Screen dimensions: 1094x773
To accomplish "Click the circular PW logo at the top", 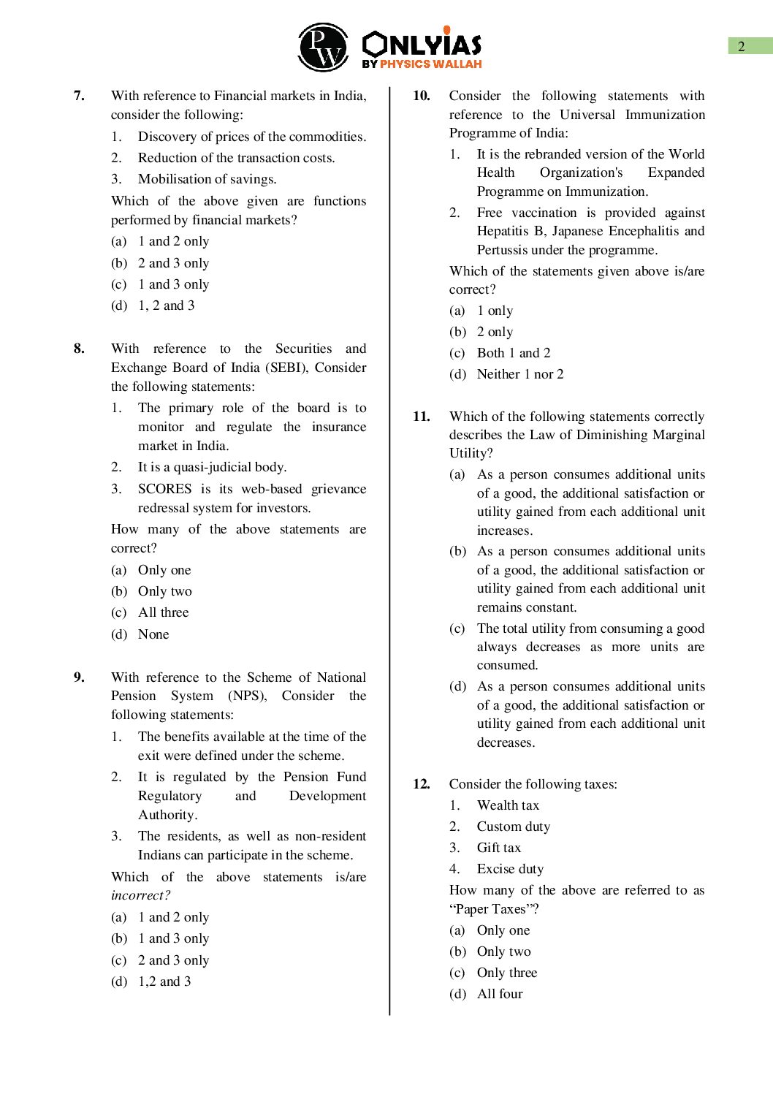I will point(324,48).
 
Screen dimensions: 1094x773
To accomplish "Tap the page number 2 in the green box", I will point(741,46).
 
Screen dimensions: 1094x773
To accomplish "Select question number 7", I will point(79,96).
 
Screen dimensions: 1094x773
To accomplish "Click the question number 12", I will point(421,784).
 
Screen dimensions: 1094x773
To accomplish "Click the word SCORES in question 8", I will point(164,489).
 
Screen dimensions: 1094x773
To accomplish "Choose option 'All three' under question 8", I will point(163,612).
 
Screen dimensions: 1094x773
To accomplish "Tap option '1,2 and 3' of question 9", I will point(164,981).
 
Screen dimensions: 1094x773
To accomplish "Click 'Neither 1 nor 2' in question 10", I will point(519,374).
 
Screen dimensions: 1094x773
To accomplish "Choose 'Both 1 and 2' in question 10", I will point(513,353).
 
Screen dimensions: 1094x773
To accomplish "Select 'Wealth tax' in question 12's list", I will point(508,805).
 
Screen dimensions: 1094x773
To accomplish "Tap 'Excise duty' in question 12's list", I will point(510,869).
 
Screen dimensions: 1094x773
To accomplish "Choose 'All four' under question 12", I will point(500,994).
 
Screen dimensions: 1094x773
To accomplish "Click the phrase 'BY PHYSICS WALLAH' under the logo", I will point(422,64).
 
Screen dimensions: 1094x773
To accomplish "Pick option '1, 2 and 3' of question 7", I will point(166,305).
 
